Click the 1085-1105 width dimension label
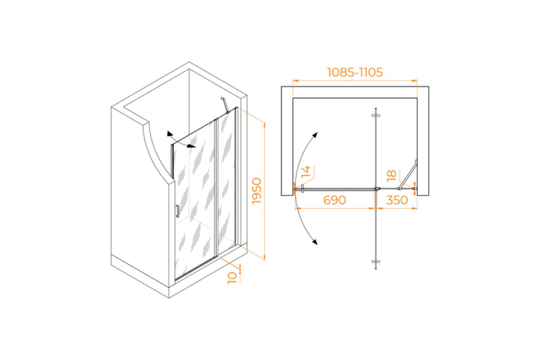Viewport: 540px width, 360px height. pyautogui.click(x=355, y=72)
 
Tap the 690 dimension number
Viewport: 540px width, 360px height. pyautogui.click(x=334, y=200)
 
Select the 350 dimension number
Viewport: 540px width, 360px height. pyautogui.click(x=397, y=200)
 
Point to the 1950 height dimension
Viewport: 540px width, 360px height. pyautogui.click(x=256, y=191)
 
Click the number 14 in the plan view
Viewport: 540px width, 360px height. pyautogui.click(x=306, y=171)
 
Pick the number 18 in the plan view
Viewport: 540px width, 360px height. pyautogui.click(x=391, y=175)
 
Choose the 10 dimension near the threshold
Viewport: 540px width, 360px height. pyautogui.click(x=232, y=278)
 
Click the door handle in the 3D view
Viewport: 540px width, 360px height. pyautogui.click(x=178, y=211)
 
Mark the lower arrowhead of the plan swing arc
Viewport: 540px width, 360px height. pyautogui.click(x=315, y=242)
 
